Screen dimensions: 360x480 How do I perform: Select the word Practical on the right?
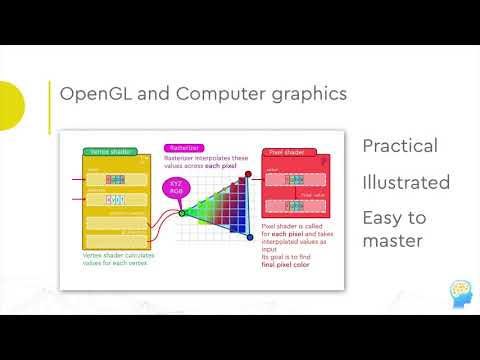pos(400,146)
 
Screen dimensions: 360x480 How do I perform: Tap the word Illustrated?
pos(406,182)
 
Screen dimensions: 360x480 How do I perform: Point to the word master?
pos(393,241)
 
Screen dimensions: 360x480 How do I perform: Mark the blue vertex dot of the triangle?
pos(247,238)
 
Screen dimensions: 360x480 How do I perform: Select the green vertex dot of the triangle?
pos(182,212)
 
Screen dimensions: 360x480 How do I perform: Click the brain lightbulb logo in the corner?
pos(452,294)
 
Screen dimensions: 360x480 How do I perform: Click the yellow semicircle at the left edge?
pos(10,107)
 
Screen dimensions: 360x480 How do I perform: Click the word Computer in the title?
pos(202,95)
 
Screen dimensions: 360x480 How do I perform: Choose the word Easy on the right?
pos(382,218)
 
